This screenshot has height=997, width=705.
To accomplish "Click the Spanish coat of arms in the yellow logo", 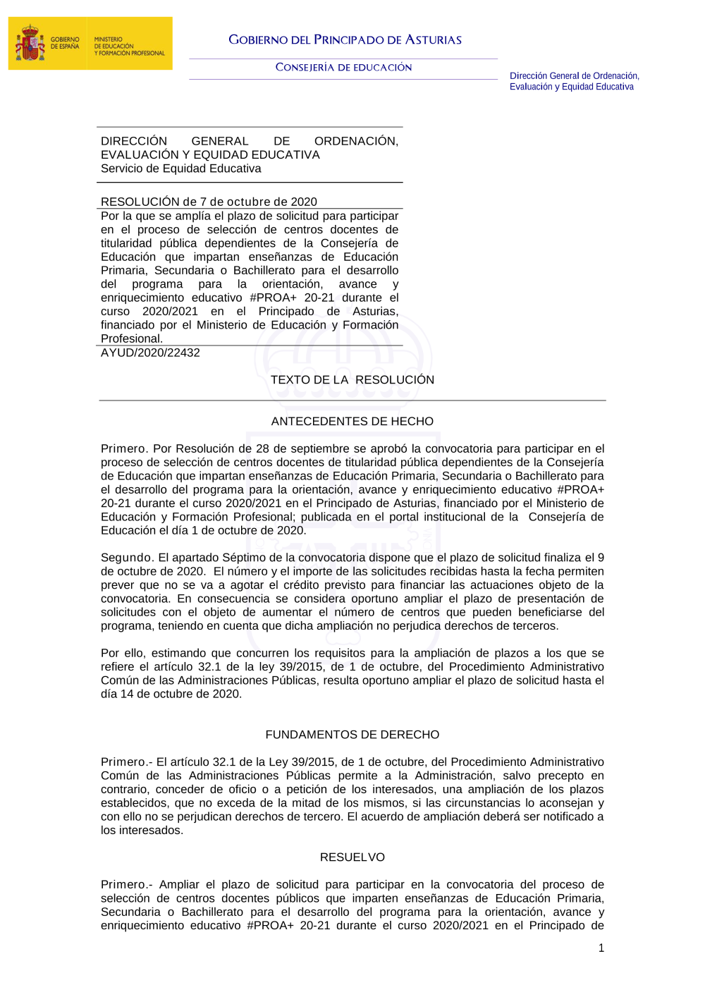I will click(x=30, y=44).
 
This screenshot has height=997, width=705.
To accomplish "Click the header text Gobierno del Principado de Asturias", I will click(x=345, y=40).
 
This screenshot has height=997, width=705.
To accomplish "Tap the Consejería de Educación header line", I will click(x=343, y=68).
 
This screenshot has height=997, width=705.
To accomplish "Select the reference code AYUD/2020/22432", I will click(x=150, y=353).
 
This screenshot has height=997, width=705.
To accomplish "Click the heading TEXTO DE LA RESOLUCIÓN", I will click(x=352, y=380).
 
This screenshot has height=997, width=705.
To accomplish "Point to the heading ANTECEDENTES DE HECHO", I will click(x=352, y=422).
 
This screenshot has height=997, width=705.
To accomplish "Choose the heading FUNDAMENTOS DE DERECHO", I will click(x=352, y=735).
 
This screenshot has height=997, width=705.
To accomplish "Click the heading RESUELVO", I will click(x=352, y=857).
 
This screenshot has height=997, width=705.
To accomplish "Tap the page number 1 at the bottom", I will click(x=601, y=948).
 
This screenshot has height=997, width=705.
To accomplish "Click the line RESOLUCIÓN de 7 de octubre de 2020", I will click(x=209, y=202).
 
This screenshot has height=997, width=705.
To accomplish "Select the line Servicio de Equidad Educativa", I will click(x=180, y=169).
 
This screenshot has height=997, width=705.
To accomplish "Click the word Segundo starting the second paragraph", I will click(x=126, y=558).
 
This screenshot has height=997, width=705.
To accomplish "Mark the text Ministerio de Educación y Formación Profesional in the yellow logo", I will click(x=129, y=47).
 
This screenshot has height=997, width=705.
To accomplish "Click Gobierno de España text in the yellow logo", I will click(x=65, y=43).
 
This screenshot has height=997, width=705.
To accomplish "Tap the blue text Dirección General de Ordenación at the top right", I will click(x=574, y=76).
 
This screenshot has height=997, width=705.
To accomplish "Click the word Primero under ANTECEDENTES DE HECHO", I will click(x=123, y=449).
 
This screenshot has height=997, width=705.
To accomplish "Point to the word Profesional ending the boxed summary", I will click(x=130, y=339).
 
